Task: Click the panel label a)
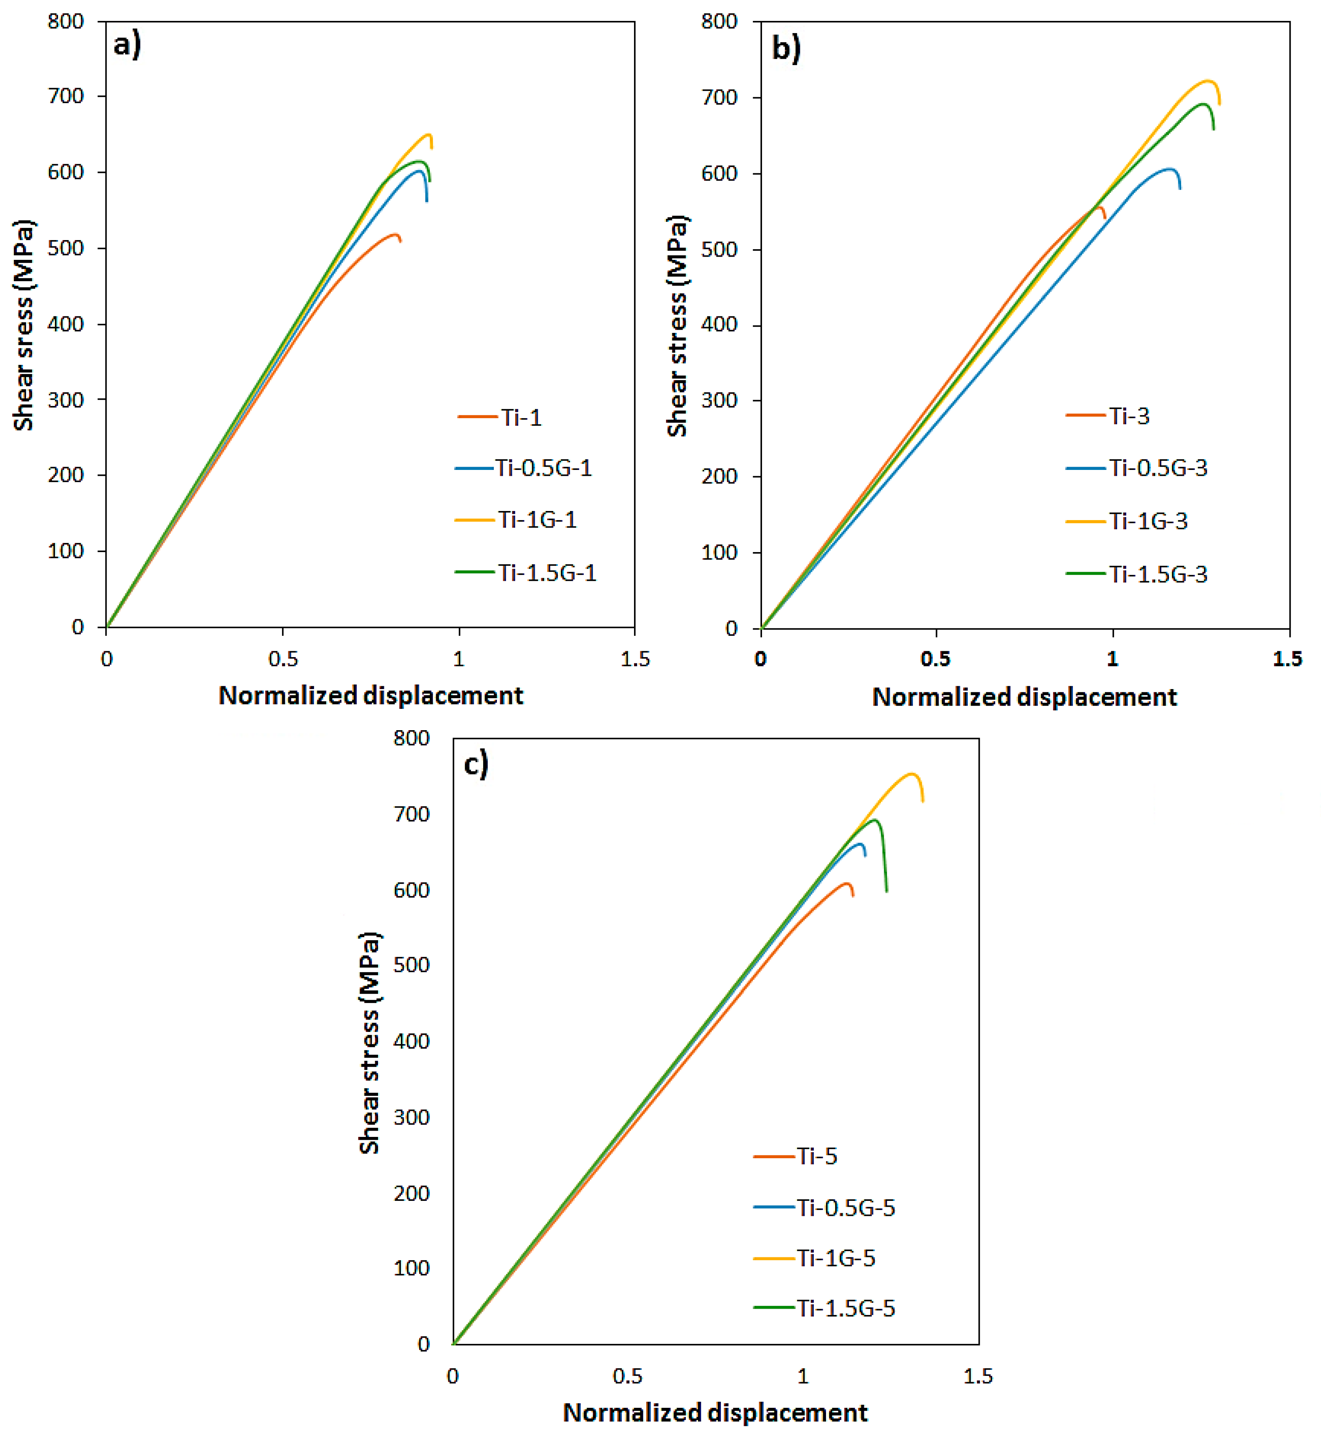(127, 45)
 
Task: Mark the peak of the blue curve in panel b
(1169, 169)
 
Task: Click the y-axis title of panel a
(24, 325)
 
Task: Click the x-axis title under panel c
(715, 1413)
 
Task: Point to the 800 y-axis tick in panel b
(719, 21)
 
